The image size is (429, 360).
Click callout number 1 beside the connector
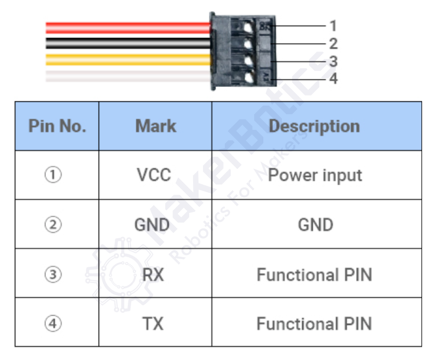333,26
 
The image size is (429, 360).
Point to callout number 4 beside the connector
333,79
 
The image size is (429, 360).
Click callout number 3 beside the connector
333,62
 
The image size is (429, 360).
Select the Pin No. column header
57,126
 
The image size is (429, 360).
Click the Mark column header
155,126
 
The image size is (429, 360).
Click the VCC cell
154,175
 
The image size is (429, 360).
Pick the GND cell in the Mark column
152,225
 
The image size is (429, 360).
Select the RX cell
153,274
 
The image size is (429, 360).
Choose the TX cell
153,324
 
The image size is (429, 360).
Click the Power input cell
315,175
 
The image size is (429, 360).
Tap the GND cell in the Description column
315,225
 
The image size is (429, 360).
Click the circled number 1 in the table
53,175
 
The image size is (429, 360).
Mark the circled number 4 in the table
53,324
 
